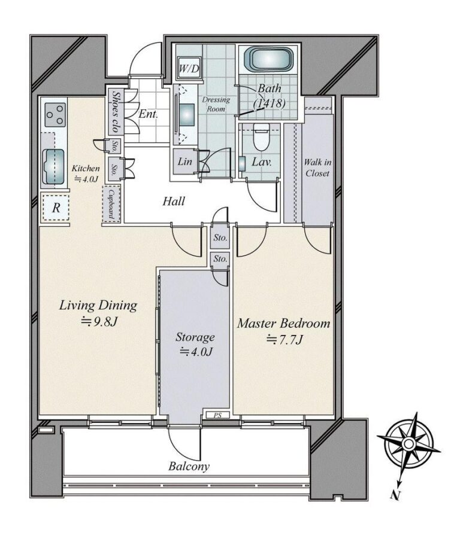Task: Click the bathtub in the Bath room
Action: (x=269, y=59)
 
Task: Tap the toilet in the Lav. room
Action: (x=262, y=137)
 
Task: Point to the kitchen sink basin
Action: (x=53, y=167)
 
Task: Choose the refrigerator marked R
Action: (x=56, y=208)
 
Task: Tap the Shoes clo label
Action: (x=115, y=111)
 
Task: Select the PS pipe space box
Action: (x=217, y=415)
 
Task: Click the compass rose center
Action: (x=408, y=444)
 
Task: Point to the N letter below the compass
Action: (x=396, y=495)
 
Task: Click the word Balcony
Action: (x=189, y=467)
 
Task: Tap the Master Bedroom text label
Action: (x=284, y=324)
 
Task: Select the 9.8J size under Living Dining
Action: (x=99, y=322)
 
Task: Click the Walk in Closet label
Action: (x=317, y=167)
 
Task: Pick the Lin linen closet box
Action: (x=185, y=162)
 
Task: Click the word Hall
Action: (x=174, y=201)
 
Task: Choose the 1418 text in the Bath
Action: (x=270, y=102)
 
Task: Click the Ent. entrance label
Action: (x=148, y=114)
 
